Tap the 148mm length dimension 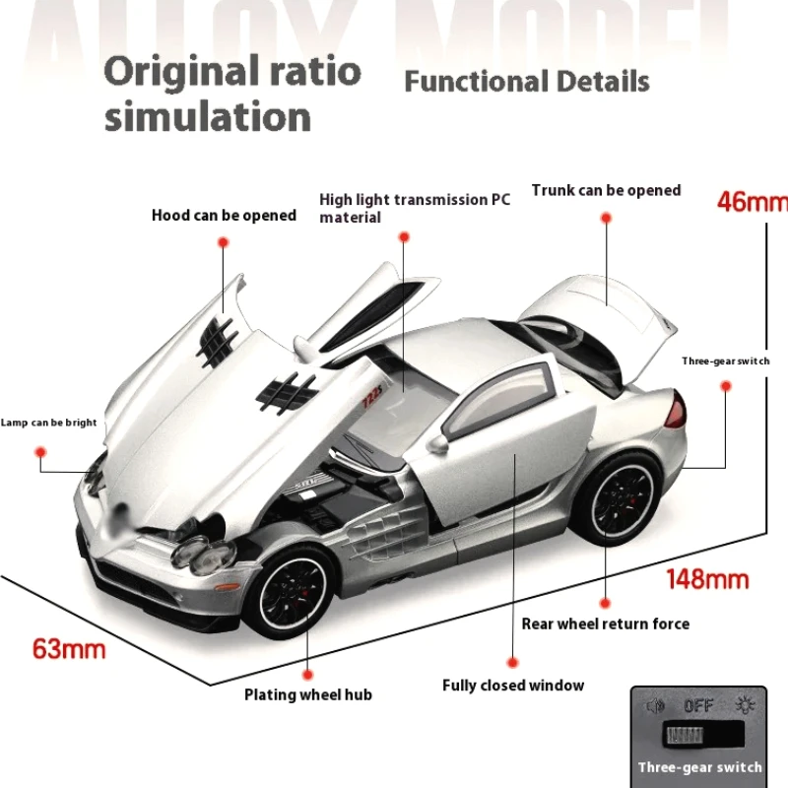point(707,578)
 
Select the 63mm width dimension point(69,648)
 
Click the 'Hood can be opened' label point(224,215)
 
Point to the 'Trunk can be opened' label point(606,190)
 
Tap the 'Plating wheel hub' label point(308,695)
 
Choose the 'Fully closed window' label point(512,686)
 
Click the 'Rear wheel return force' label point(605,624)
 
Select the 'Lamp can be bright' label point(48,423)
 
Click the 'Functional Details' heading point(527,81)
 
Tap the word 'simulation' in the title point(208,116)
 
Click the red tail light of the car point(676,410)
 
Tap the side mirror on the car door point(436,444)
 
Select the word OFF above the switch point(698,705)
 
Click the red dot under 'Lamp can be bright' point(41,452)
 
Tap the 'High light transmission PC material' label point(415,208)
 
